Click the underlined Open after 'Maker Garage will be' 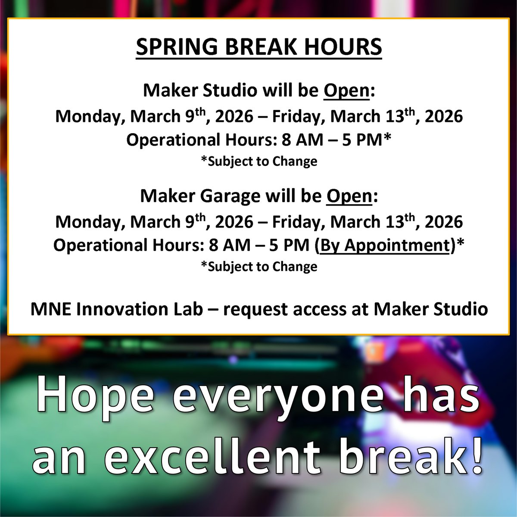click(349, 196)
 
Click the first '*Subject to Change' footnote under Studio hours click(259, 162)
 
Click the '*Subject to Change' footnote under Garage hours click(259, 267)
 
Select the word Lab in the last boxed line click(185, 309)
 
